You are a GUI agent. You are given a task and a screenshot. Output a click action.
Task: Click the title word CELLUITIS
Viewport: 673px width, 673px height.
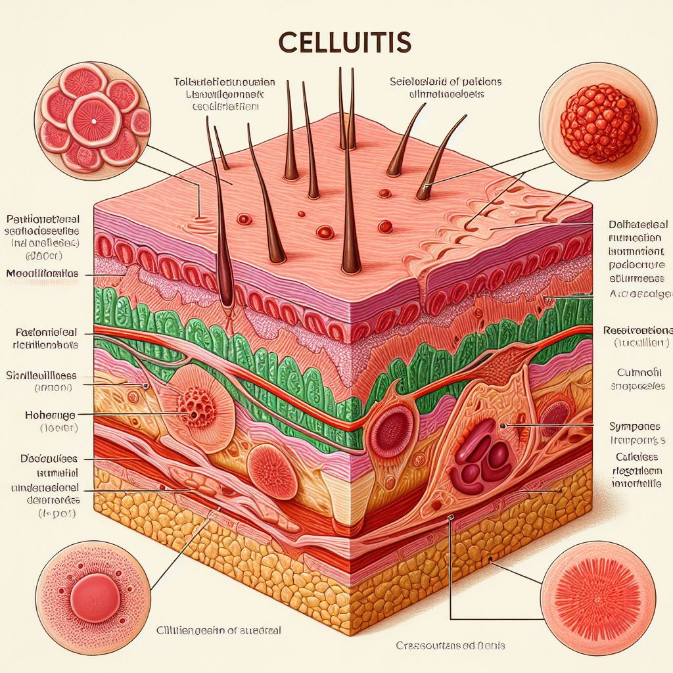(x=345, y=41)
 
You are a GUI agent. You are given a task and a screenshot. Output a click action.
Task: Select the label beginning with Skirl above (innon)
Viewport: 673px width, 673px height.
(x=41, y=376)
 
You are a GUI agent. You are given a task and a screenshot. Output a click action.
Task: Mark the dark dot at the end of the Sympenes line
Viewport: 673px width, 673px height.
(x=503, y=426)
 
